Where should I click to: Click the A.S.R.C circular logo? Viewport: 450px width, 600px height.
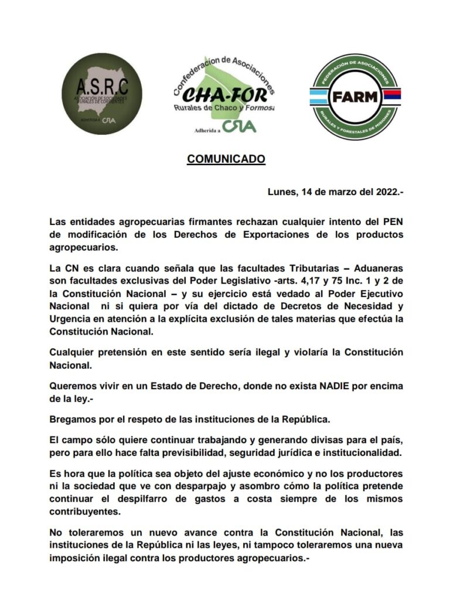pos(102,93)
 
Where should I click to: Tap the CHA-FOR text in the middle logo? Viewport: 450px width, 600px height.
pos(224,94)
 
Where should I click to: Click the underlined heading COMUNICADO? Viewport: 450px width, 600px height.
pos(226,159)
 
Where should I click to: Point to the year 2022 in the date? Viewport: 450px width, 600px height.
pos(380,192)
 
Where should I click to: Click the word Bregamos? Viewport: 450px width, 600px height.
pos(73,419)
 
